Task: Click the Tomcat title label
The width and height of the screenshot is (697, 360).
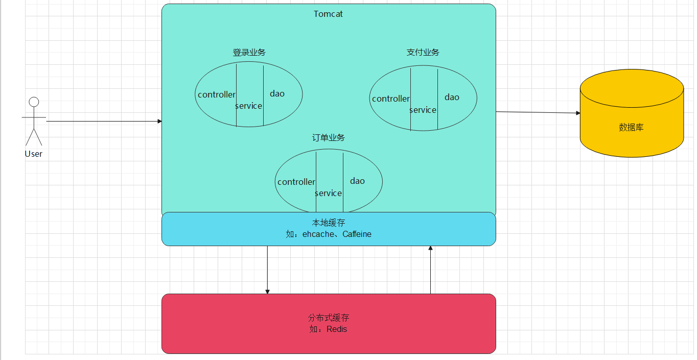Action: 328,14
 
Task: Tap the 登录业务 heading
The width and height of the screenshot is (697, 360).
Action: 249,53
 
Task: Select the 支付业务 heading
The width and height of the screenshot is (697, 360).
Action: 423,53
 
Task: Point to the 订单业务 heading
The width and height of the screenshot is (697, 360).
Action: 329,138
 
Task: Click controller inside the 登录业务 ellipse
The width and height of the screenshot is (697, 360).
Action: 217,94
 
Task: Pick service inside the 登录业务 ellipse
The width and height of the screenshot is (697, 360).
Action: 249,106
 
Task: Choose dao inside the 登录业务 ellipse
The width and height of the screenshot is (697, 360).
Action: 277,93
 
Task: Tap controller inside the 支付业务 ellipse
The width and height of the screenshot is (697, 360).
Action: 391,99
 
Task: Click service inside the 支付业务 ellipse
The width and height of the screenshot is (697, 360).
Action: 423,110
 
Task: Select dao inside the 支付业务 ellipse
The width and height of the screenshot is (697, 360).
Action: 452,97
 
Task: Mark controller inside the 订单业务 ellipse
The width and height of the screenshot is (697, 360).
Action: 296,182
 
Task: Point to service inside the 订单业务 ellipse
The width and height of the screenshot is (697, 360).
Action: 329,194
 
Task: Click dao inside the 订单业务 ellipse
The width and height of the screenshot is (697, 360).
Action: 357,181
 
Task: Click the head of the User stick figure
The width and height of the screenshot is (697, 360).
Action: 34,102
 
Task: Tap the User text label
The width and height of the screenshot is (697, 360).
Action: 34,154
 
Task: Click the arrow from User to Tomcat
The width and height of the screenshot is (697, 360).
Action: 102,122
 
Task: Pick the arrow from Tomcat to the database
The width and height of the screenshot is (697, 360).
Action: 537,112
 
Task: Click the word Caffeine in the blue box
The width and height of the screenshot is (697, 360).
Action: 357,234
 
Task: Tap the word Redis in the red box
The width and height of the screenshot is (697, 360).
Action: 337,329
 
